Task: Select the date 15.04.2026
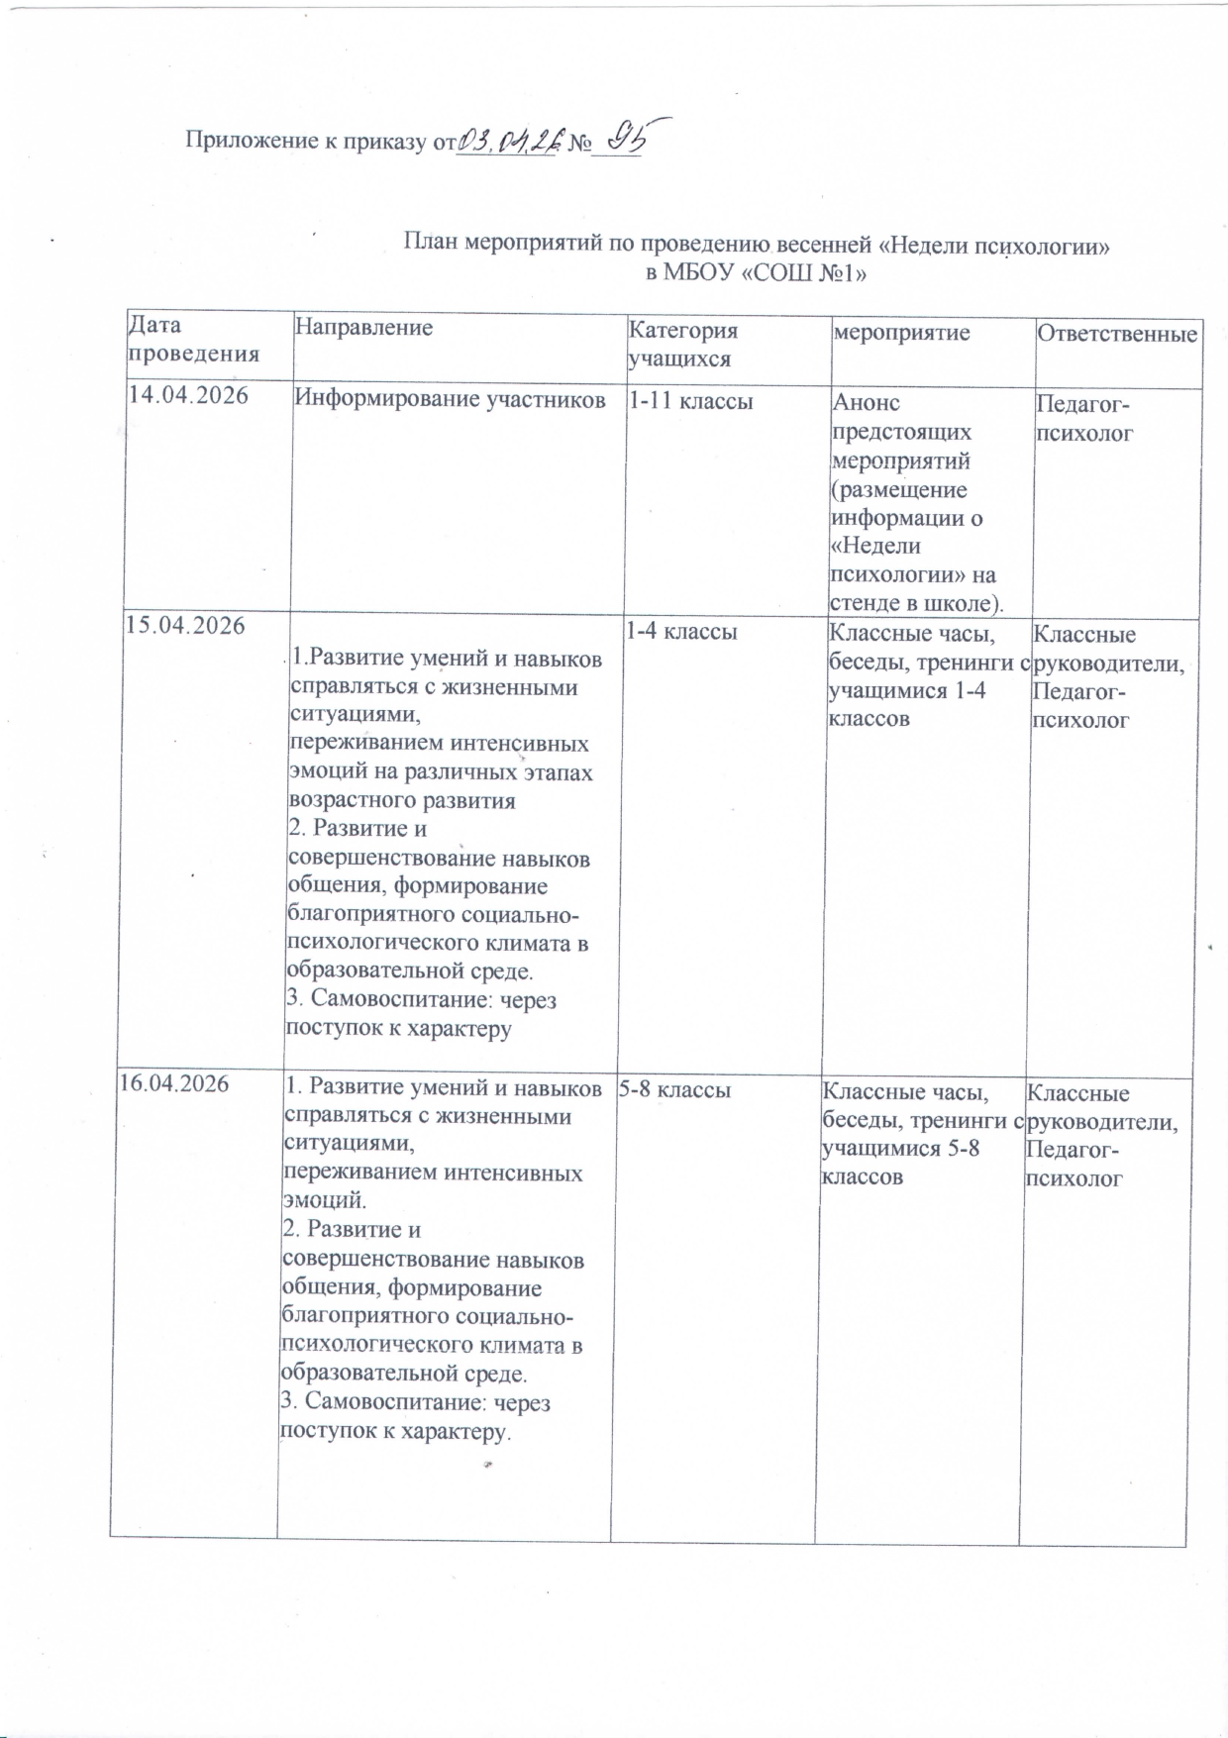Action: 183,626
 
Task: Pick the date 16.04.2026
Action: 174,1083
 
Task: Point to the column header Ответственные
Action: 1117,334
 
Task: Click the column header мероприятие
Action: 900,332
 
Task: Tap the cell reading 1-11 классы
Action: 691,400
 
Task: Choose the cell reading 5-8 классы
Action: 675,1089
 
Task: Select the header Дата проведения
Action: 194,338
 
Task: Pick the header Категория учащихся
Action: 684,344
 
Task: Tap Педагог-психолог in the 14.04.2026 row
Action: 1085,418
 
